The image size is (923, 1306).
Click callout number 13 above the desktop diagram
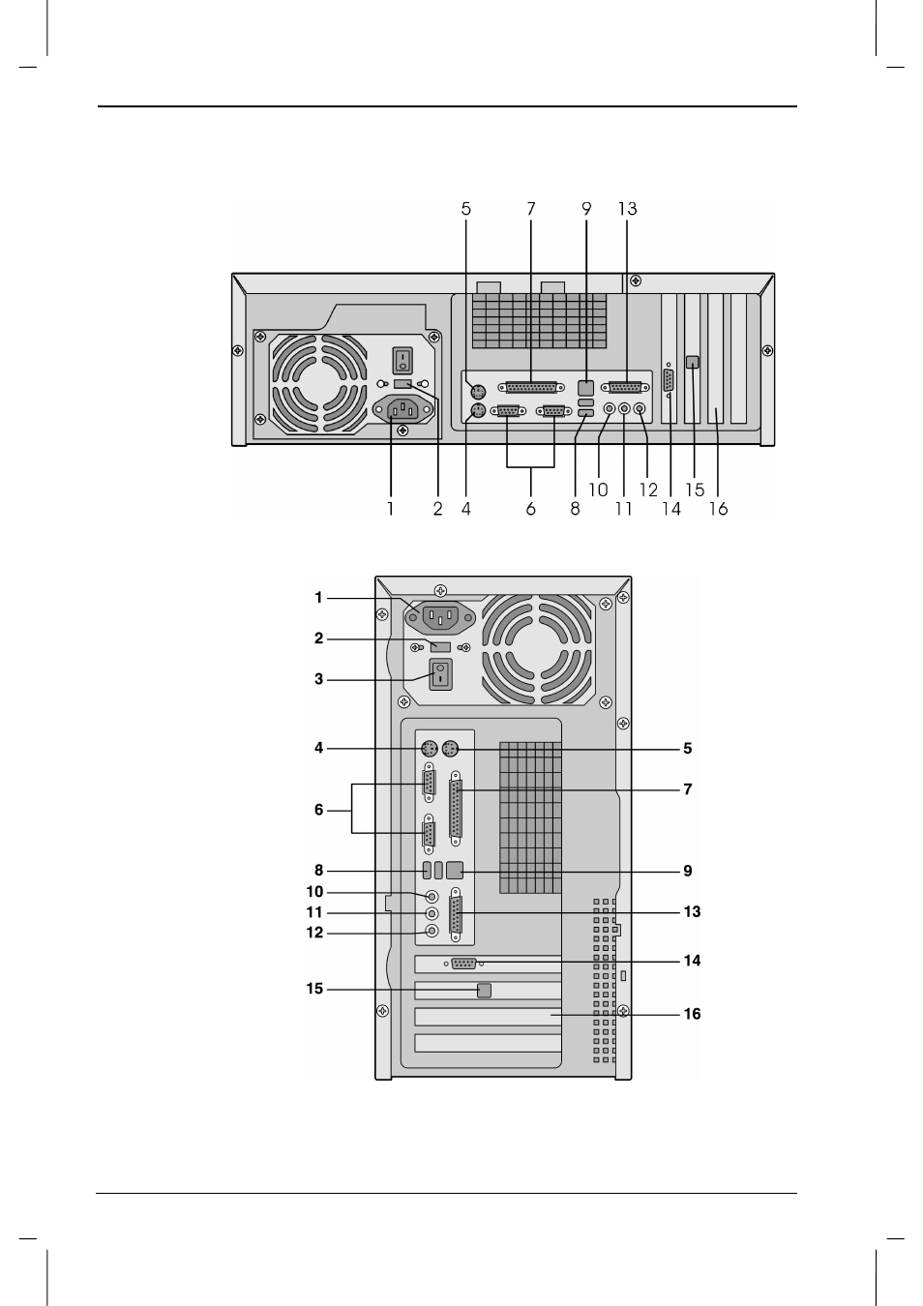point(628,209)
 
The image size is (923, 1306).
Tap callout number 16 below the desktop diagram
point(718,509)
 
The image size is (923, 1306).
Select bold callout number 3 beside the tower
point(318,679)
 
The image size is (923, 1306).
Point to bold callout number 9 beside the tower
point(688,871)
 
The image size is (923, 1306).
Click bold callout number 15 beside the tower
point(314,989)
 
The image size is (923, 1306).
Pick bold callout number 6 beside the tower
point(318,810)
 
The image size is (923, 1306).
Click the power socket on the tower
point(439,615)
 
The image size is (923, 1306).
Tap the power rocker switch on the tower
point(440,674)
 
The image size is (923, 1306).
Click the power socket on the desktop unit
point(403,410)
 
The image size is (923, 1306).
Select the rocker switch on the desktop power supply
point(402,360)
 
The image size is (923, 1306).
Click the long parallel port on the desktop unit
point(531,387)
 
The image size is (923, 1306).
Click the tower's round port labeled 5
point(451,748)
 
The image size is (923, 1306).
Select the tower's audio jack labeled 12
point(432,931)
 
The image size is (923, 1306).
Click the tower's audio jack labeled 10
point(432,895)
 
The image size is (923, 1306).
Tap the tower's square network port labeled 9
point(454,871)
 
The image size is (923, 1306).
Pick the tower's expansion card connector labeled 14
point(463,964)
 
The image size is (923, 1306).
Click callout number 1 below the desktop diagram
point(390,509)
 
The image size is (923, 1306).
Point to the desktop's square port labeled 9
point(586,388)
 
